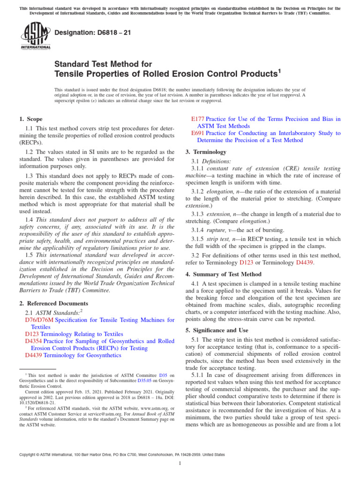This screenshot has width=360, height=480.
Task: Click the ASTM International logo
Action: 36,36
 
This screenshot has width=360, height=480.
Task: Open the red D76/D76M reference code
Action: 39,319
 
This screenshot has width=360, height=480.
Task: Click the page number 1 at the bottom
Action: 180,467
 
